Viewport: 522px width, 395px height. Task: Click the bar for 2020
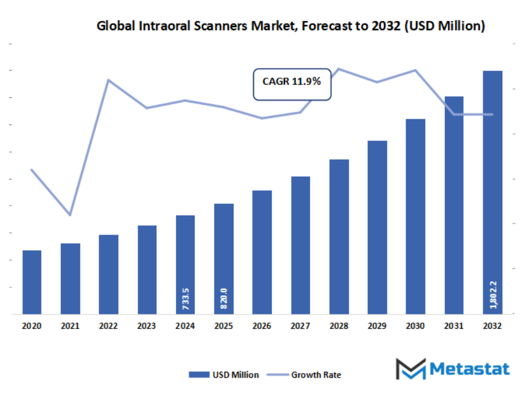32,282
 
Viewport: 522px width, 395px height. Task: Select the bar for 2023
147,269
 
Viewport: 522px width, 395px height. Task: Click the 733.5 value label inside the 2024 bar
185,299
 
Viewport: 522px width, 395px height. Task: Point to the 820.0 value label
224,299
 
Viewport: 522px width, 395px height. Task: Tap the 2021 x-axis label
70,327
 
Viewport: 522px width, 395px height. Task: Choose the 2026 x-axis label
262,327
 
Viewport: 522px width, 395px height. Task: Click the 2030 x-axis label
415,327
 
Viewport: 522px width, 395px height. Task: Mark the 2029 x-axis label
377,327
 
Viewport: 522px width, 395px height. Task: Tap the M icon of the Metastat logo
411,369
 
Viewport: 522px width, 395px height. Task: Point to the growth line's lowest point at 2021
70,215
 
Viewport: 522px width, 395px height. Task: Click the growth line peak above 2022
108,80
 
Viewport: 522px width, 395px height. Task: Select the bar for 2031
454,205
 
